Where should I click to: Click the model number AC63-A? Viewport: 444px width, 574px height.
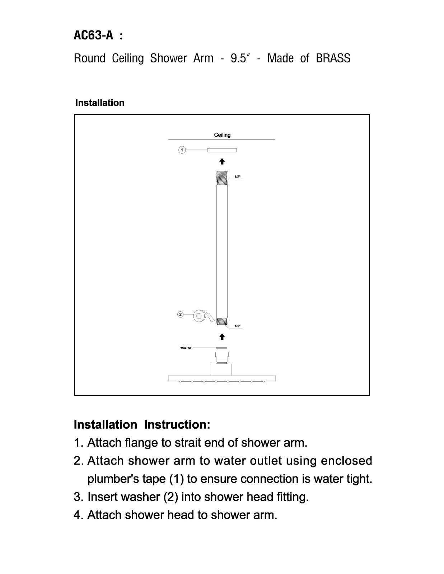click(x=93, y=35)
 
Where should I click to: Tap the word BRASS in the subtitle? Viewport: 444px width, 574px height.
click(x=333, y=58)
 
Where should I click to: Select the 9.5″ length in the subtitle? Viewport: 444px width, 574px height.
click(x=240, y=58)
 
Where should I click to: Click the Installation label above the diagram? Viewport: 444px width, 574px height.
click(x=100, y=103)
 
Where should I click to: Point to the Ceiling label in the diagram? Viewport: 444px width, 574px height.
click(x=222, y=135)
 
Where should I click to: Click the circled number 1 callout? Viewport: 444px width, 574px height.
click(x=182, y=150)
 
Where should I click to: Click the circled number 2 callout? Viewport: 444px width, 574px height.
click(x=180, y=314)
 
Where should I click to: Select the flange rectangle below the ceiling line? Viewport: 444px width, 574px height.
click(x=222, y=150)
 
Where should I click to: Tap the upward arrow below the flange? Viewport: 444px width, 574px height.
click(x=222, y=161)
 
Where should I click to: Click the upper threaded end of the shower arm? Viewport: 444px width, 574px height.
click(x=222, y=178)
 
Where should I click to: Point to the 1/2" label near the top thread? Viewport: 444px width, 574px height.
click(x=237, y=177)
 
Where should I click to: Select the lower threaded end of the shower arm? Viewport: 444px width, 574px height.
click(x=222, y=321)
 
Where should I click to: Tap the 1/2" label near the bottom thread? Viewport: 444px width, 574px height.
click(x=237, y=326)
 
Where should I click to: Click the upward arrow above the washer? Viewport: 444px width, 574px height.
click(x=222, y=336)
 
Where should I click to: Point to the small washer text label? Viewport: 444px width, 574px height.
click(x=186, y=348)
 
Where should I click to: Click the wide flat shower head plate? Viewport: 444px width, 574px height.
click(x=222, y=378)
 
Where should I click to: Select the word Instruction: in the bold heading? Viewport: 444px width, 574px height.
click(x=177, y=425)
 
